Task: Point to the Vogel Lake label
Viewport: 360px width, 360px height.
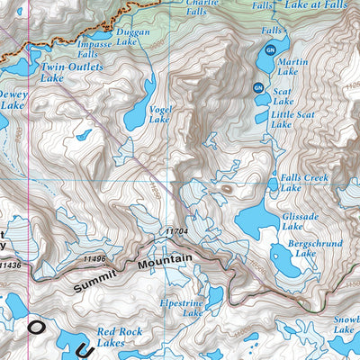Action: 158,114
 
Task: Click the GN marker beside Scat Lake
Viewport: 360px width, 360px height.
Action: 257,87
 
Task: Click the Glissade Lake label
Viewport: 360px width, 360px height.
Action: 300,221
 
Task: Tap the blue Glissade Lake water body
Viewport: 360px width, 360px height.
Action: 257,221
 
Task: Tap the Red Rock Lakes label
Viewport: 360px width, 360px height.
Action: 119,337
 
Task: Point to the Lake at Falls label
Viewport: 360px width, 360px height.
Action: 315,4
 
